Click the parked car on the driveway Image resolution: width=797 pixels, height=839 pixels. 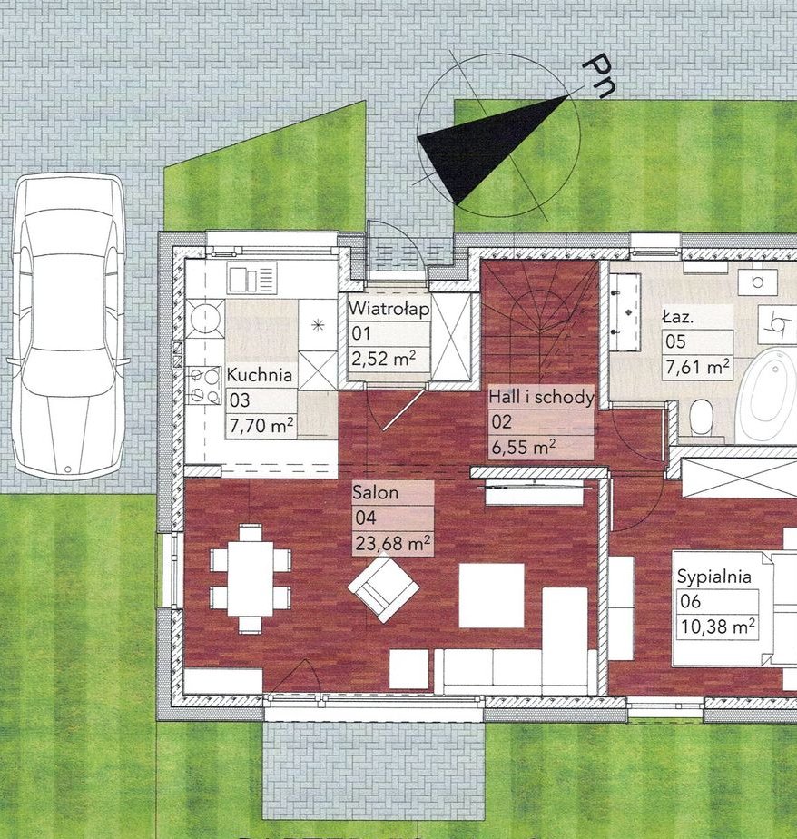[67, 325]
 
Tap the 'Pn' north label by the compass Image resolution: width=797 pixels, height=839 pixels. [598, 75]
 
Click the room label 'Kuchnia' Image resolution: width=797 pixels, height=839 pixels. [260, 374]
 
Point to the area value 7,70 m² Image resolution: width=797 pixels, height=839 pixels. [261, 426]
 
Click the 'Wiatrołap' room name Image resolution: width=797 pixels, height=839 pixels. [389, 309]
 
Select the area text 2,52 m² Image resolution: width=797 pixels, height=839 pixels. [384, 358]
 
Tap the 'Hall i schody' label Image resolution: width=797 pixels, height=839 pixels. [541, 397]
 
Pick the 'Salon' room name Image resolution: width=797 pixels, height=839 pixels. [376, 492]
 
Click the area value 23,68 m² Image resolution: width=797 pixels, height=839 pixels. [393, 544]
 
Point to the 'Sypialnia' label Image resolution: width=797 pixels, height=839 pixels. [714, 577]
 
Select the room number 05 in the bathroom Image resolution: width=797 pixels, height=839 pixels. [675, 341]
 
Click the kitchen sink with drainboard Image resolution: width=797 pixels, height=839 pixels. [252, 278]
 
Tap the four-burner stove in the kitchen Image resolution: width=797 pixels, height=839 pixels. [204, 385]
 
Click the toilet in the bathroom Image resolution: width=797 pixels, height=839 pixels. [702, 419]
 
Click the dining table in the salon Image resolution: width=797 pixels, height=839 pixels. [251, 578]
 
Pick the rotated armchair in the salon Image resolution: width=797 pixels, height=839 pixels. [384, 588]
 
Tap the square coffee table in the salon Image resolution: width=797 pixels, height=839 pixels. [492, 595]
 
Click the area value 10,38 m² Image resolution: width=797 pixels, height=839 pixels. [718, 626]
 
